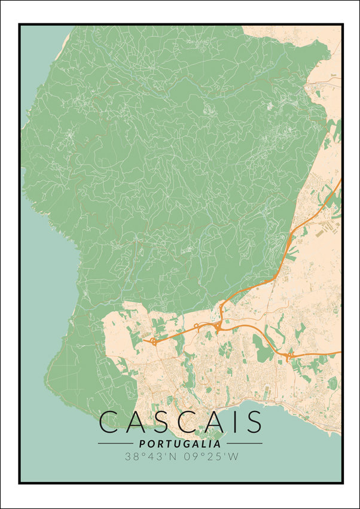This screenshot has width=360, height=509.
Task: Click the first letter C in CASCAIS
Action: [x=112, y=422]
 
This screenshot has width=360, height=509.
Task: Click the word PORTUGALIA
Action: [x=180, y=444]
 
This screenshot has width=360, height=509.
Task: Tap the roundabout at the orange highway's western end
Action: [x=154, y=342]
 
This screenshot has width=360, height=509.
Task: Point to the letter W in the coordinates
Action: [x=232, y=457]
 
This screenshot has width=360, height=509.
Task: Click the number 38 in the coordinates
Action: [x=132, y=457]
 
